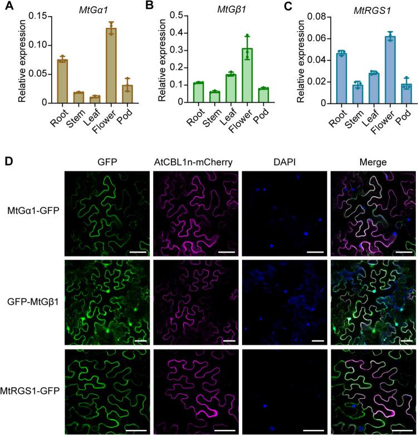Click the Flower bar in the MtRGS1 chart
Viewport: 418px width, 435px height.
tap(375, 70)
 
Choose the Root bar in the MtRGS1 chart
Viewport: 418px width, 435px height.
tap(328, 78)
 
